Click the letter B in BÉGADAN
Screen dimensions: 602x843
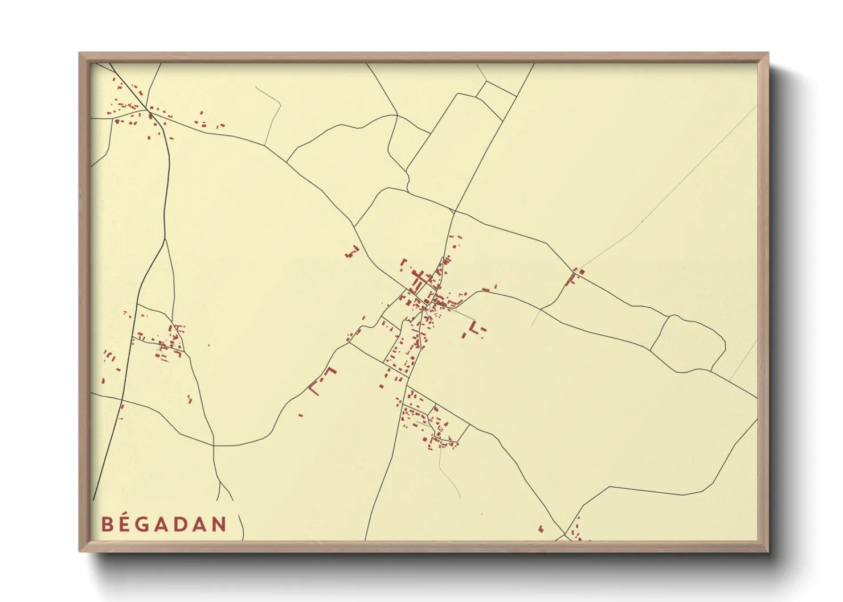coord(107,524)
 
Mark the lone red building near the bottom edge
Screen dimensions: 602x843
coord(541,529)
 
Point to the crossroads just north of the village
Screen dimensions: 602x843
coord(454,211)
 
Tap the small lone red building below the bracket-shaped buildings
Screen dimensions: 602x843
coord(300,415)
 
